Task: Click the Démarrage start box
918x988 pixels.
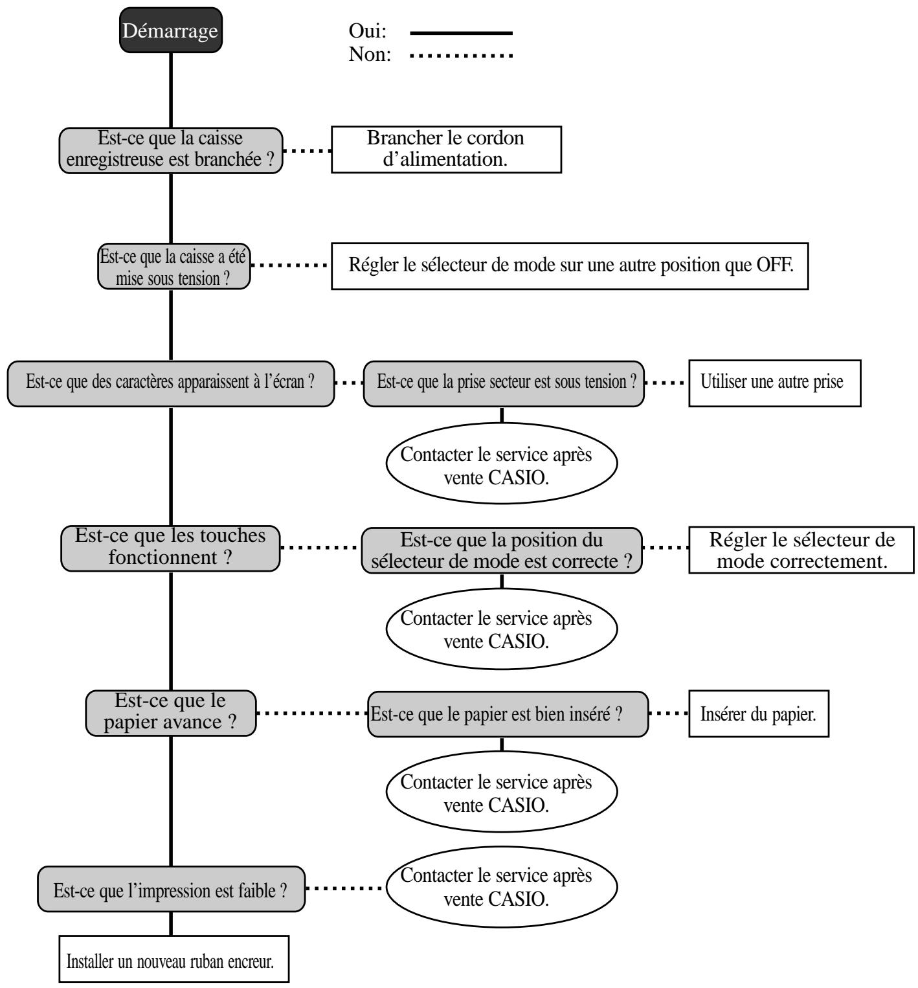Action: pyautogui.click(x=171, y=30)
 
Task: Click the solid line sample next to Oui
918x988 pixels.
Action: pyautogui.click(x=461, y=32)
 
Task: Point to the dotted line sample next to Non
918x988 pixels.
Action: pyautogui.click(x=461, y=55)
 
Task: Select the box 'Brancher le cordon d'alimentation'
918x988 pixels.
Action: pyautogui.click(x=446, y=149)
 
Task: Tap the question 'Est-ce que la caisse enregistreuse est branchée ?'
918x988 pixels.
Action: pyautogui.click(x=171, y=150)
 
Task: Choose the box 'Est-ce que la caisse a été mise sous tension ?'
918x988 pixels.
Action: pyautogui.click(x=174, y=265)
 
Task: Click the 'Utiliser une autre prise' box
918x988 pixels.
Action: pyautogui.click(x=774, y=383)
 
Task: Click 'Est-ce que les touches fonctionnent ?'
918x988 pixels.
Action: pyautogui.click(x=171, y=548)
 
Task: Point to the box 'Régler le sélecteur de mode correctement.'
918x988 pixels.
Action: pyautogui.click(x=801, y=550)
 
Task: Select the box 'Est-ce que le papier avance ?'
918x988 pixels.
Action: pyautogui.click(x=171, y=713)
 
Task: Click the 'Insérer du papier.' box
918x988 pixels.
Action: pyautogui.click(x=758, y=714)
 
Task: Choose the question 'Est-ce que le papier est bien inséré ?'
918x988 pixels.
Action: pyautogui.click(x=508, y=714)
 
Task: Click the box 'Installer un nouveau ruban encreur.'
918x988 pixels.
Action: pyautogui.click(x=174, y=959)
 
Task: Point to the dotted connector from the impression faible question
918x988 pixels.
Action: pyautogui.click(x=345, y=888)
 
